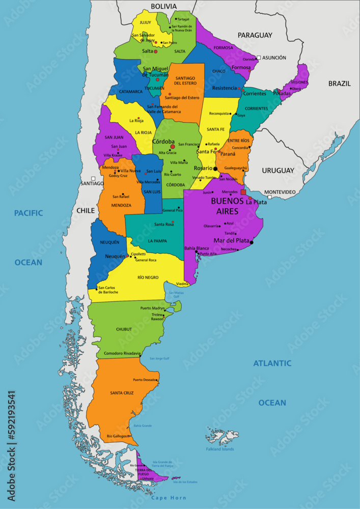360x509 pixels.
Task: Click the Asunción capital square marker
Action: tap(259, 58)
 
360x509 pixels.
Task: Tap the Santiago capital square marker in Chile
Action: tap(93, 178)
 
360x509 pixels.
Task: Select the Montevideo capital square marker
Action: tap(269, 196)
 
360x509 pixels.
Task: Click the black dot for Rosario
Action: tap(215, 168)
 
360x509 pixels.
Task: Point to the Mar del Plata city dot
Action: tap(252, 242)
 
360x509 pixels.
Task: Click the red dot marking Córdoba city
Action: tap(173, 147)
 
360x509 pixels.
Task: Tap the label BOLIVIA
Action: tap(163, 6)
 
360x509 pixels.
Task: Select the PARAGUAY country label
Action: tap(255, 35)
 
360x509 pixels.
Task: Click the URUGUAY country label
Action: tap(278, 171)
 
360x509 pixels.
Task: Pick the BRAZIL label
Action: tap(339, 83)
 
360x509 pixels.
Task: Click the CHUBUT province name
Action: tap(124, 329)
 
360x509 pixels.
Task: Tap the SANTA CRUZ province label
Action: tap(122, 393)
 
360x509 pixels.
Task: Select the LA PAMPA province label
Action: tap(157, 241)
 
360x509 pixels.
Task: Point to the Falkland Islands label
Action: tap(220, 449)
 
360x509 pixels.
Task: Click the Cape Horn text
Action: tap(169, 498)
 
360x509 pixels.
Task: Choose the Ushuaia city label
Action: tap(148, 478)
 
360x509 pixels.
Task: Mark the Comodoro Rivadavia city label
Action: tap(122, 353)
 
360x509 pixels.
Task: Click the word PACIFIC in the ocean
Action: tap(29, 213)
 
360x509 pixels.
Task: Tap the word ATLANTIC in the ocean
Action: tap(272, 363)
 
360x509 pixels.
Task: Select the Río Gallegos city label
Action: tap(117, 436)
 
